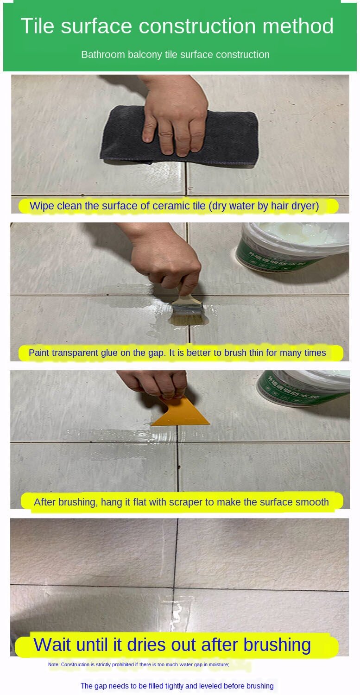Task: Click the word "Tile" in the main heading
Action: (x=38, y=26)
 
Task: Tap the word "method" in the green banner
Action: (x=298, y=26)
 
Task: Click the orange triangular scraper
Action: (x=181, y=411)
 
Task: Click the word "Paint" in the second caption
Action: (x=39, y=353)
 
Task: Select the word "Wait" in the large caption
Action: (x=53, y=644)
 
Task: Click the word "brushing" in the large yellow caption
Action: (x=277, y=645)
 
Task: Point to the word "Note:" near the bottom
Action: (x=54, y=664)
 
